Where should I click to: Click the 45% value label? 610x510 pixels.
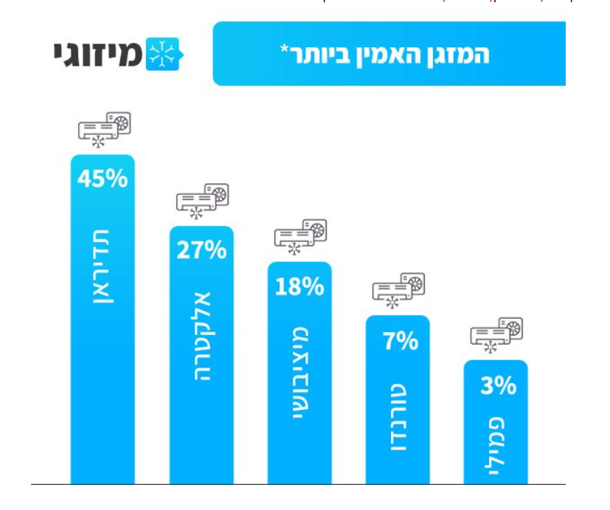tap(103, 179)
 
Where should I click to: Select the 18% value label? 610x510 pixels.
tap(299, 286)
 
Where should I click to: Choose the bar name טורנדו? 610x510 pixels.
tap(399, 416)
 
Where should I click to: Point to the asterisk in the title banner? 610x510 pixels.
tap(284, 49)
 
